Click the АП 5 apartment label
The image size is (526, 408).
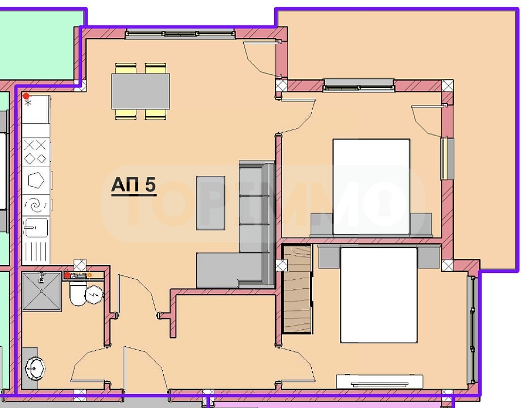tap(133, 185)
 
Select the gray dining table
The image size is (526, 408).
tap(141, 91)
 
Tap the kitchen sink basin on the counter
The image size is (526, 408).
tap(35, 228)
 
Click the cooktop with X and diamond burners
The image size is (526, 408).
tap(36, 152)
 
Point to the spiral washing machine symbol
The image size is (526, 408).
tap(36, 205)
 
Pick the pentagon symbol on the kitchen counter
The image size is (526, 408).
tap(36, 180)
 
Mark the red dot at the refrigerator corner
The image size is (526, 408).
tap(26, 96)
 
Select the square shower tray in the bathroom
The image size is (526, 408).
tap(42, 291)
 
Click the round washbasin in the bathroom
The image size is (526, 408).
tap(35, 369)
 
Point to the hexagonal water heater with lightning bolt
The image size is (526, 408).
tap(94, 295)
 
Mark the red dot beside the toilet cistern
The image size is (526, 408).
tap(67, 275)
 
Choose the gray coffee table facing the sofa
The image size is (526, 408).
tap(211, 203)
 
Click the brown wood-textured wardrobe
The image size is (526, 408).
tap(297, 289)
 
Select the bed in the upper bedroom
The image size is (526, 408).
tap(371, 187)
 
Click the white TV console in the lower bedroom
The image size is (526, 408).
tap(379, 382)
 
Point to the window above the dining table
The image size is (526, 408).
tap(180, 34)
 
